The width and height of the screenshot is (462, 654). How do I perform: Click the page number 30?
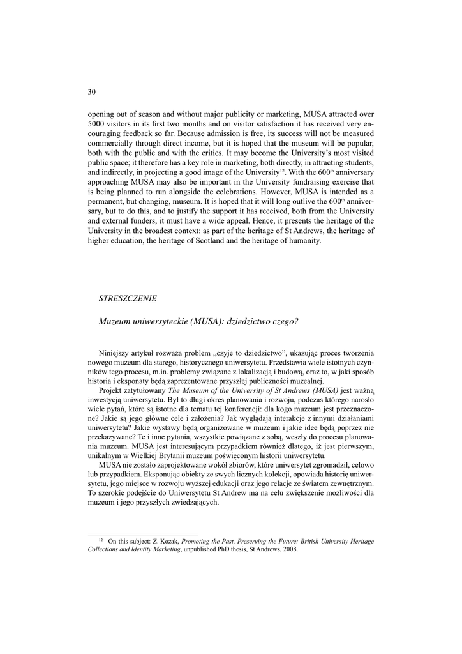click(91, 92)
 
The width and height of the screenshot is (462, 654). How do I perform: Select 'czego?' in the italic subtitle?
click(285, 321)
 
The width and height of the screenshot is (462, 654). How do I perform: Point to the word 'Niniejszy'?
click(115, 353)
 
